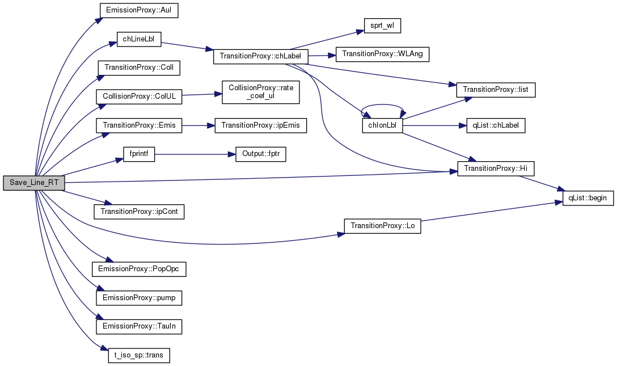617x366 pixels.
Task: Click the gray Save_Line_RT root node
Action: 34,183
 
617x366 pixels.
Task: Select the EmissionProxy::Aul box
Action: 139,10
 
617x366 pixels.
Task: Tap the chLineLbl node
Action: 139,39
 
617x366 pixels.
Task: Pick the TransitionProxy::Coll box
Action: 139,68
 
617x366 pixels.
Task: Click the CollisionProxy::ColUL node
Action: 139,96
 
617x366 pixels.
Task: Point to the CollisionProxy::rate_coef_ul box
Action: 260,92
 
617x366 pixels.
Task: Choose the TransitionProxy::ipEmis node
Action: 260,125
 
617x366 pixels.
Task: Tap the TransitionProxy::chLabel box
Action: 260,56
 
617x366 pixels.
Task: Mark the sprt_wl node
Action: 382,26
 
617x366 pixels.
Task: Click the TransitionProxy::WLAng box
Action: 382,54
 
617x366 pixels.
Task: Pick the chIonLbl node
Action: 382,125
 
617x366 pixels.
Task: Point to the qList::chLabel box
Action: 496,125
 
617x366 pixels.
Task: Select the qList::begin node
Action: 588,197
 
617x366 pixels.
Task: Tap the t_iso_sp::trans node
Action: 139,355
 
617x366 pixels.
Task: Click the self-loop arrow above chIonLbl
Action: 382,105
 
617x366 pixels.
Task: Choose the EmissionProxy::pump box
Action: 139,298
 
